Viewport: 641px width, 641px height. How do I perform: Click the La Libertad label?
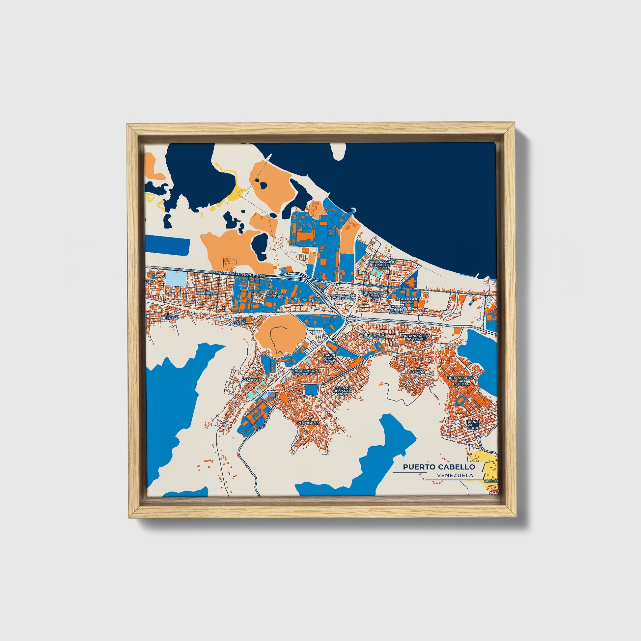click(170, 316)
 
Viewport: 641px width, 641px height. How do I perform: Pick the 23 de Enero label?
click(241, 321)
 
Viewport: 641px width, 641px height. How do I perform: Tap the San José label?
click(249, 379)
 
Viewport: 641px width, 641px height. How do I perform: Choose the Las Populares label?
click(308, 421)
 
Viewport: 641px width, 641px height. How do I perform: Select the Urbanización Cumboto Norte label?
click(381, 264)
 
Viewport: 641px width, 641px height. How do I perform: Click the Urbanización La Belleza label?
click(341, 297)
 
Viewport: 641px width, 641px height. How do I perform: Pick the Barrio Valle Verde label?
click(472, 425)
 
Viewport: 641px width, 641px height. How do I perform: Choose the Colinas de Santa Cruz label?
click(342, 391)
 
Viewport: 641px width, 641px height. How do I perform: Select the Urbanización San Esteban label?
click(461, 381)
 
